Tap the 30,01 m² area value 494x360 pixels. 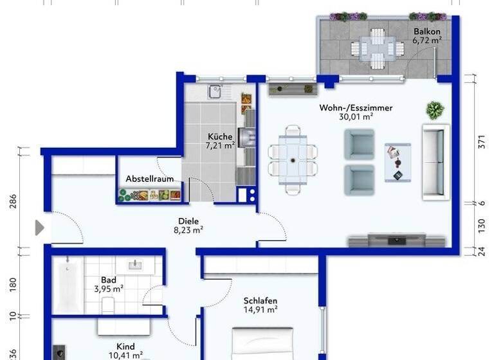point(356,117)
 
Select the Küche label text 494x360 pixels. point(219,136)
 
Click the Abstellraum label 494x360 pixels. point(149,179)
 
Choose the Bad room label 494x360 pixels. point(108,280)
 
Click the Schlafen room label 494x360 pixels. point(260,300)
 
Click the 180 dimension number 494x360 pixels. point(13,283)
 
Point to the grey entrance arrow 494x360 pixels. point(39,228)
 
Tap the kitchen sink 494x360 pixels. point(214,92)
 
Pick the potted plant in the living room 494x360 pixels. point(435,109)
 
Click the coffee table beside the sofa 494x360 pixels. point(397,161)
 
